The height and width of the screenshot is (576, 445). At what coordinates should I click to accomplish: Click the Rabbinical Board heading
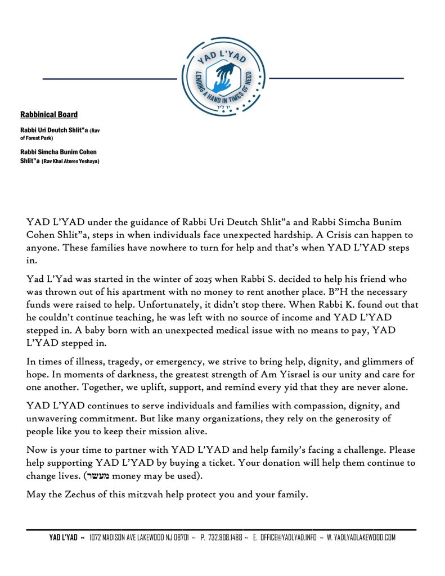49,115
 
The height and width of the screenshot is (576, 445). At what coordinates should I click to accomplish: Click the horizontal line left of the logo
110,79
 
